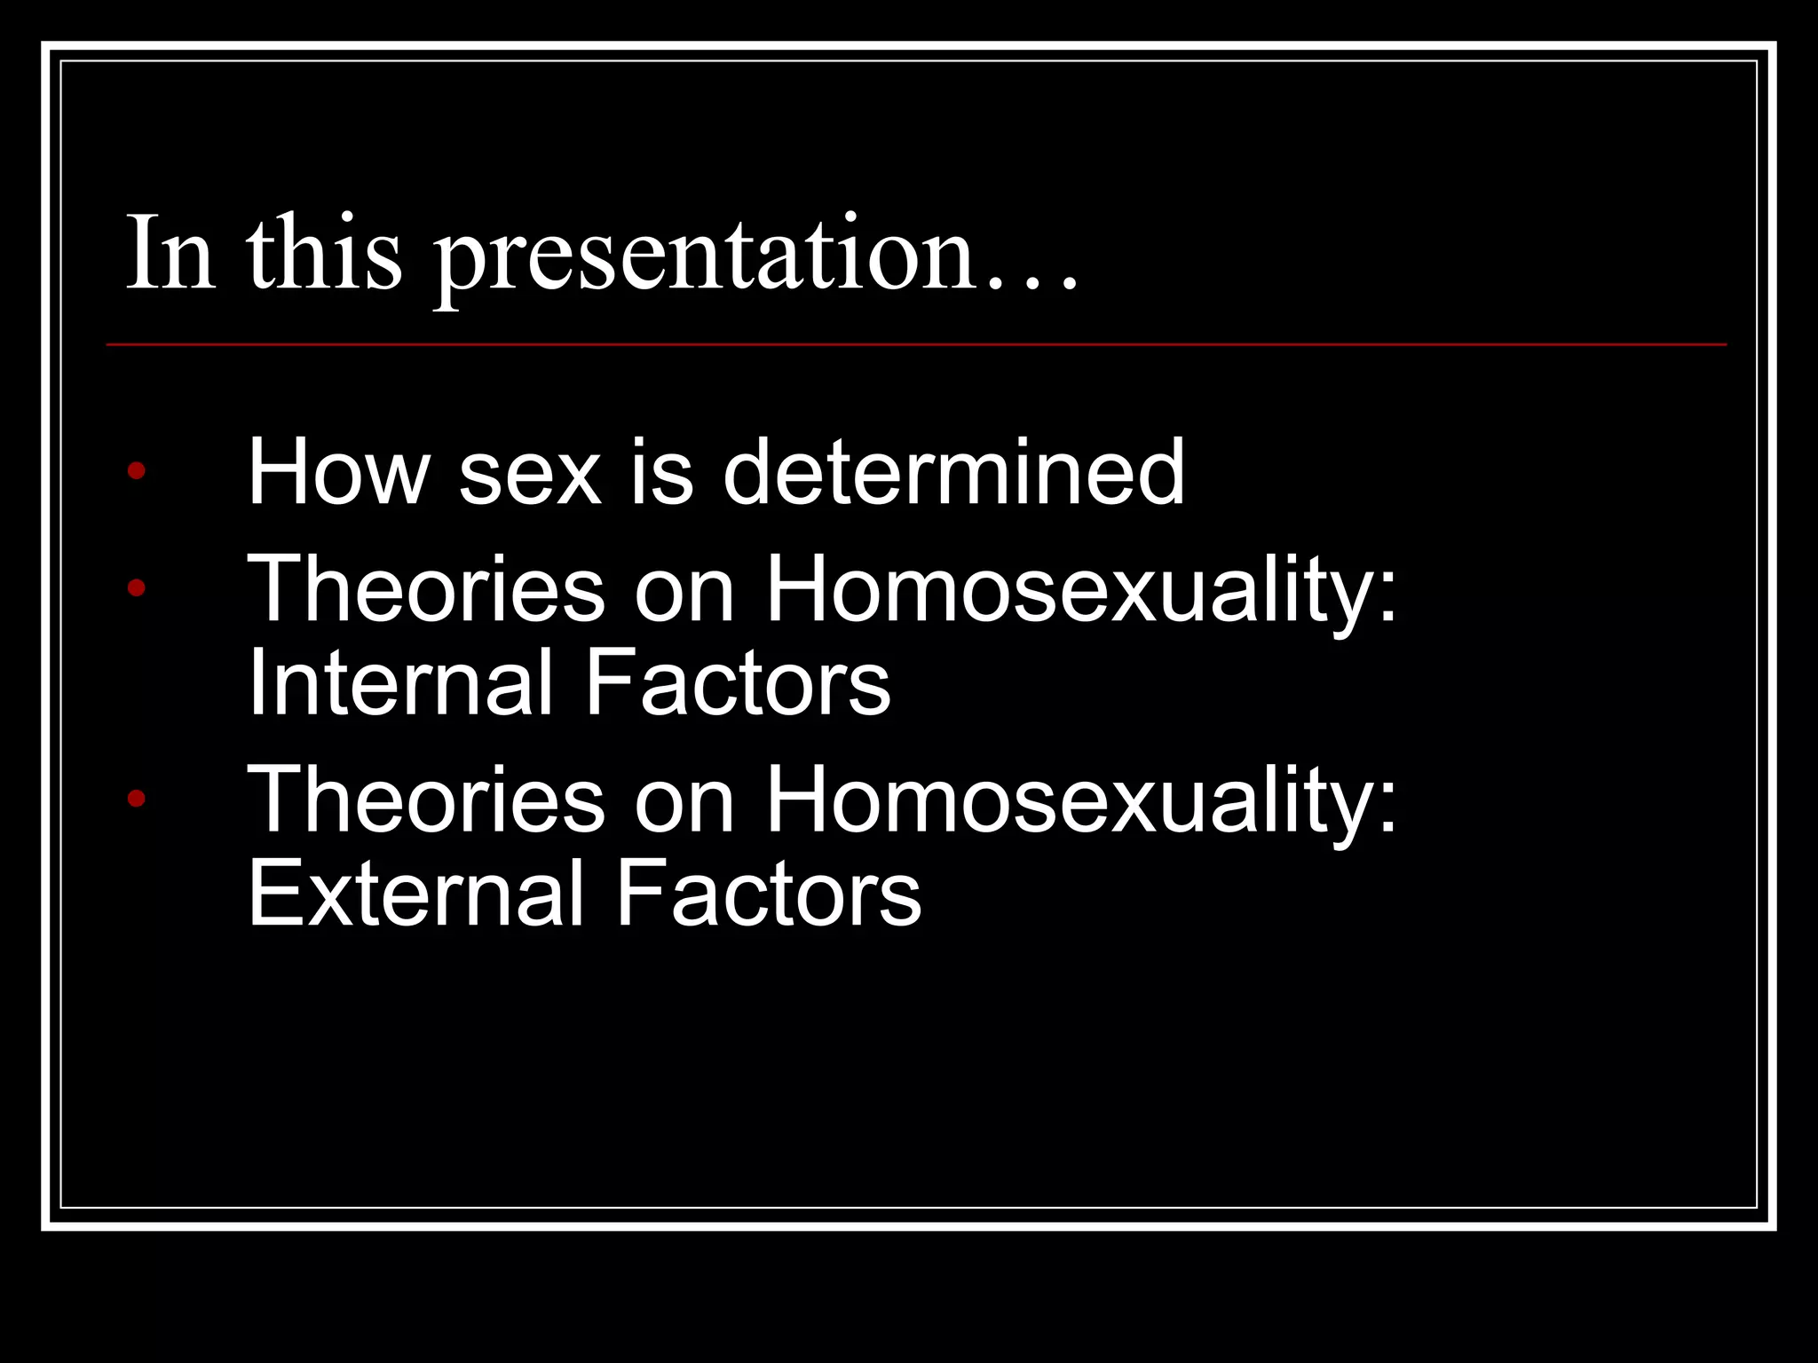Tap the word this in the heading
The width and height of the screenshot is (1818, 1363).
point(324,253)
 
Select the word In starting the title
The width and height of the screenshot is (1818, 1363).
point(170,253)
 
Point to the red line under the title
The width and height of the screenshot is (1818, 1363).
point(914,344)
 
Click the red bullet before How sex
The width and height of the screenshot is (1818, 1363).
point(136,470)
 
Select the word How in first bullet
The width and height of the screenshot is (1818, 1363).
point(337,472)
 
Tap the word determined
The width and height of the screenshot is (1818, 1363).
point(953,472)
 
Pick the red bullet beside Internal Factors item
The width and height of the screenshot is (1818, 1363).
point(136,587)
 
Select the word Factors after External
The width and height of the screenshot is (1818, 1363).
point(768,893)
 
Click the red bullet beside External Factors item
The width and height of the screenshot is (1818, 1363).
point(136,799)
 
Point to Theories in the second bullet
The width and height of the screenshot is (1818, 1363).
point(426,589)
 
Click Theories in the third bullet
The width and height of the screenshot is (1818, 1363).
point(426,800)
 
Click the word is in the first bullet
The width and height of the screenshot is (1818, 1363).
point(661,472)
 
